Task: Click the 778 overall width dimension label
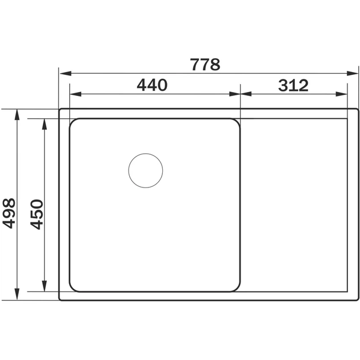[x=205, y=65]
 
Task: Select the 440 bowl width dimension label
[x=152, y=85]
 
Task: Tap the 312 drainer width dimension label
[x=293, y=85]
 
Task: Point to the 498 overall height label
[x=9, y=213]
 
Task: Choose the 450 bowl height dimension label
[x=37, y=214]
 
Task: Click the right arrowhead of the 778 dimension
[x=353, y=74]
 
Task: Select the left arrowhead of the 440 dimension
[x=75, y=94]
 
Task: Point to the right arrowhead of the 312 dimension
[x=341, y=94]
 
